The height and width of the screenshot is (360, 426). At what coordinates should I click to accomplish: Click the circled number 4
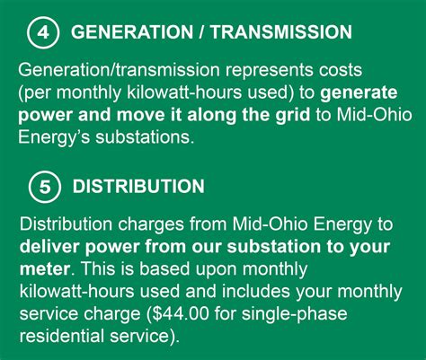pos(41,32)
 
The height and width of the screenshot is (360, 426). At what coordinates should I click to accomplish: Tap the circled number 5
pos(43,186)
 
